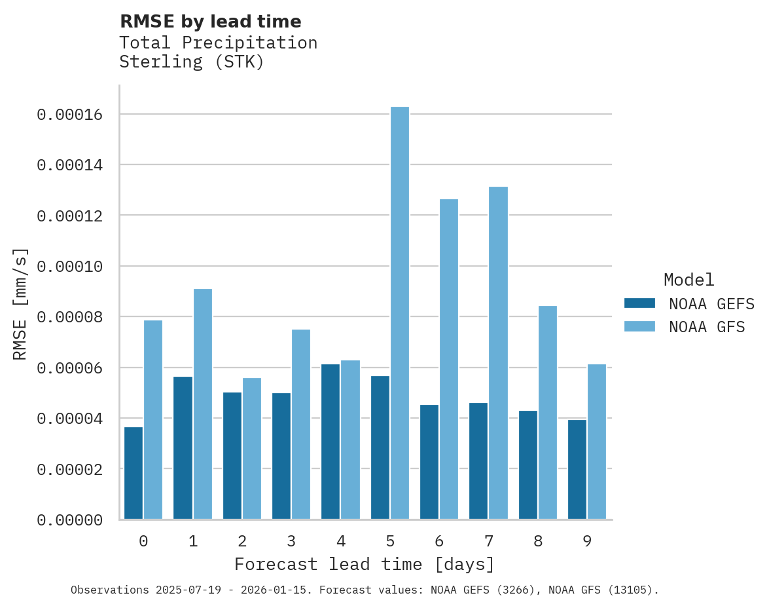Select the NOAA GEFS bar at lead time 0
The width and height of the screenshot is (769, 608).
[x=134, y=473]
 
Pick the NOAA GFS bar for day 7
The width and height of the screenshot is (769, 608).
[x=498, y=353]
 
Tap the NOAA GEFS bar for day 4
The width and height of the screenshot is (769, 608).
[x=331, y=442]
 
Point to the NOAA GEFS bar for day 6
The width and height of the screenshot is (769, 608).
[x=429, y=462]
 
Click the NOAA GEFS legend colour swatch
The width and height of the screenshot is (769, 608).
[x=639, y=303]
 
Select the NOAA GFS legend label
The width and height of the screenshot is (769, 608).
[x=707, y=326]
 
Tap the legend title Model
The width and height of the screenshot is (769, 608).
[x=689, y=280]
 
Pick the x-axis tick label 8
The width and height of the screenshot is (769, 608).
[x=538, y=541]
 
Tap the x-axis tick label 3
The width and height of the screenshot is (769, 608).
[x=291, y=541]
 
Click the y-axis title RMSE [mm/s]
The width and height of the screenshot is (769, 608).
[x=20, y=304]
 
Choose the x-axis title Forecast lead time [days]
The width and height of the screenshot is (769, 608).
[x=365, y=564]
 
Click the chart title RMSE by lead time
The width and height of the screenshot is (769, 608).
[x=210, y=22]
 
